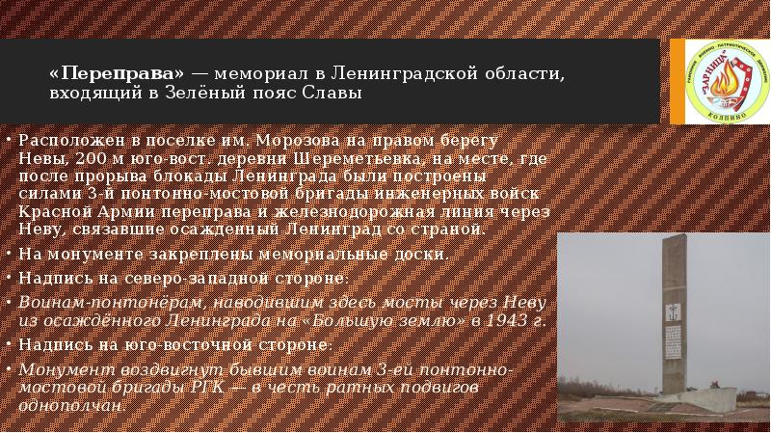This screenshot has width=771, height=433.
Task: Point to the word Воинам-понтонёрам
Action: pos(88,300)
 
